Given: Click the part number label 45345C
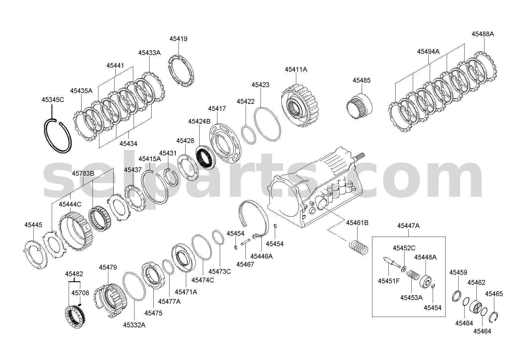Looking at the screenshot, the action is tap(53, 100).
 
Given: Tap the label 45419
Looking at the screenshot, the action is tap(178, 39).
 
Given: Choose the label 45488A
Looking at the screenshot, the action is tap(483, 34).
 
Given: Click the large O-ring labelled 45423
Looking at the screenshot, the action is tap(267, 124).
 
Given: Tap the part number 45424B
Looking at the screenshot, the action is tap(199, 122).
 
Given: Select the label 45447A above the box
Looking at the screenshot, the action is tap(409, 226).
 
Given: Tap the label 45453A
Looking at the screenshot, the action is tap(411, 298).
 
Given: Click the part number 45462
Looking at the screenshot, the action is tap(476, 282).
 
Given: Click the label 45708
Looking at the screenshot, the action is tap(80, 293).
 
